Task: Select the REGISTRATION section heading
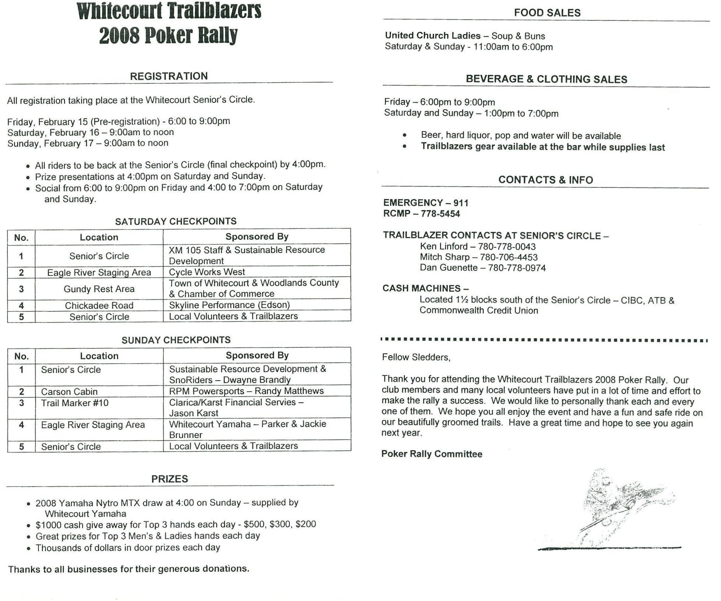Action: (x=168, y=76)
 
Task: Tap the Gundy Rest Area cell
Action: (x=99, y=289)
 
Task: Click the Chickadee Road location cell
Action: (x=99, y=305)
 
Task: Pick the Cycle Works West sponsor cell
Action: (x=207, y=272)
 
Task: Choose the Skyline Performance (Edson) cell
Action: (x=229, y=305)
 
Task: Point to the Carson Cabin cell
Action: (x=69, y=391)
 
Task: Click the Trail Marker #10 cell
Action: (x=75, y=403)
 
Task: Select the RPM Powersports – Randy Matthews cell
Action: (x=246, y=391)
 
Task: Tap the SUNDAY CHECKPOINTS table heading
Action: (x=176, y=340)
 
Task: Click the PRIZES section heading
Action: (x=170, y=479)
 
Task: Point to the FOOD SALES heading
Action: (x=547, y=13)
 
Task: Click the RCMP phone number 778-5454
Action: (x=440, y=214)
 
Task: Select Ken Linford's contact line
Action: (x=477, y=246)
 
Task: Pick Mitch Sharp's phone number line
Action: (x=479, y=257)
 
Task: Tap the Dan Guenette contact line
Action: (x=482, y=268)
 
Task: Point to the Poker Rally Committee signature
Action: (x=432, y=454)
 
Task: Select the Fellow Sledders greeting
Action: (x=416, y=357)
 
